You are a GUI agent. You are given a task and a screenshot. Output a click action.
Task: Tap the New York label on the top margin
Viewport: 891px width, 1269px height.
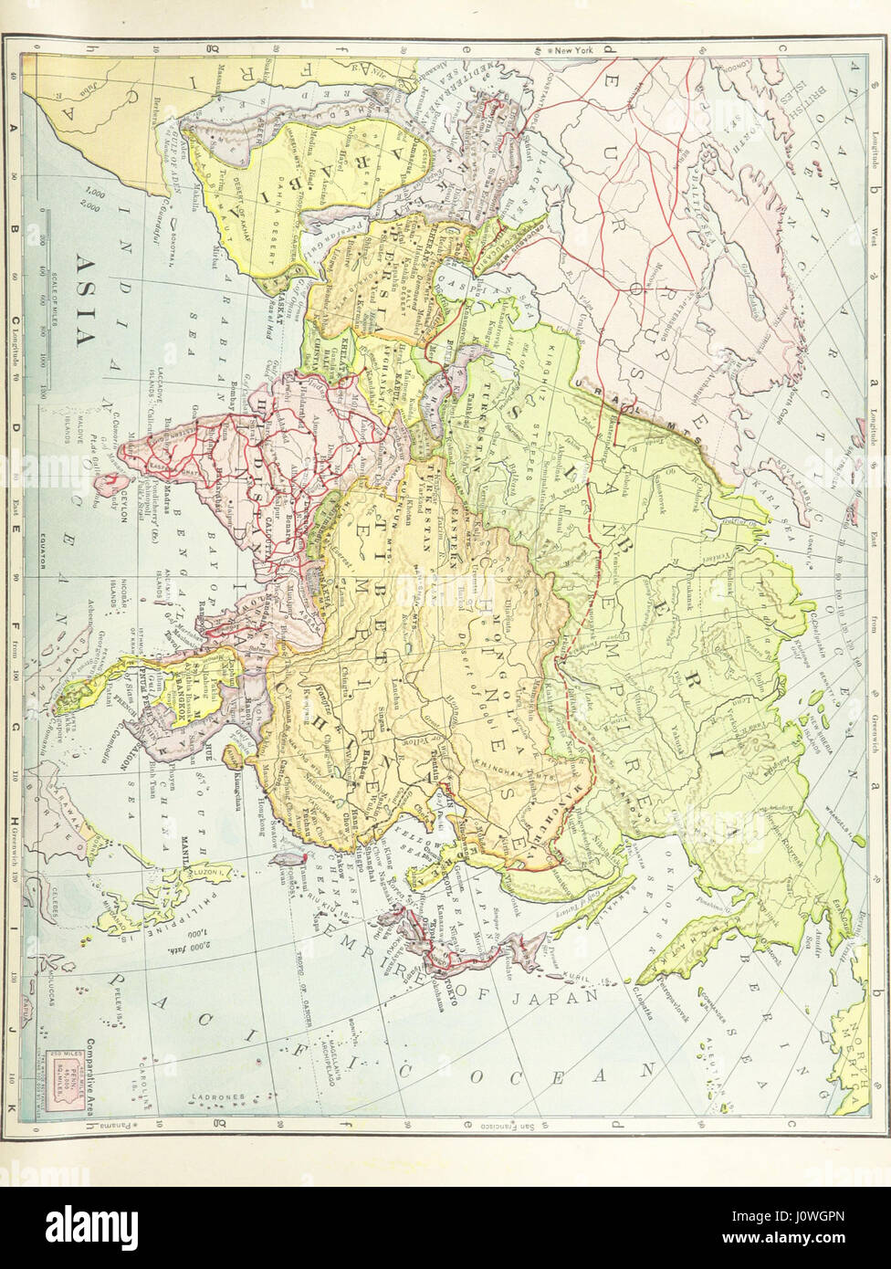point(574,50)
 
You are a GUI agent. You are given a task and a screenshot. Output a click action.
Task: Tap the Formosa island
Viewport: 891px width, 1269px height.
point(294,858)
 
